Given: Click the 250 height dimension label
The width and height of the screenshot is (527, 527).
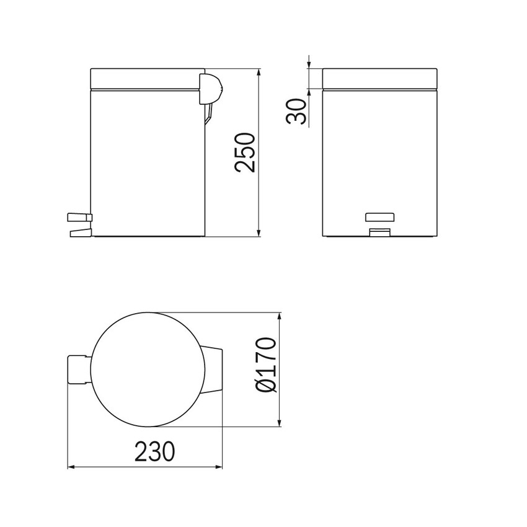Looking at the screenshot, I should point(245,152).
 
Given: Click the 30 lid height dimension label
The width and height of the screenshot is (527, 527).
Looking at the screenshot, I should point(300,110).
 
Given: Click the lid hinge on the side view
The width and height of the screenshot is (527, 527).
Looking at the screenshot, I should point(208,87).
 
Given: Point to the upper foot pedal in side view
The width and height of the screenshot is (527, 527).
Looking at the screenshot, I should point(78,216).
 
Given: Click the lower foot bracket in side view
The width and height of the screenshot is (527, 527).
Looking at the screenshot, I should point(80,233).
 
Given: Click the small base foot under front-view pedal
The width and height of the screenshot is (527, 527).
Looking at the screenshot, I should point(379,232).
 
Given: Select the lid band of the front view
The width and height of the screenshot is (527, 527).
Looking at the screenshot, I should point(380,79).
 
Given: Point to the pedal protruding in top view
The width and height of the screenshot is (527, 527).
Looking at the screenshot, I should point(78,370).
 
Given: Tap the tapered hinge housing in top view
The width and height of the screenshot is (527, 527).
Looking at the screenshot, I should point(212,370).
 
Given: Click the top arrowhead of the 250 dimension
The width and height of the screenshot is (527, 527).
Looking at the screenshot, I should point(259,72).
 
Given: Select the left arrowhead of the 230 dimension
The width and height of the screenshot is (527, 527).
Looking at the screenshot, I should point(71,467).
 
